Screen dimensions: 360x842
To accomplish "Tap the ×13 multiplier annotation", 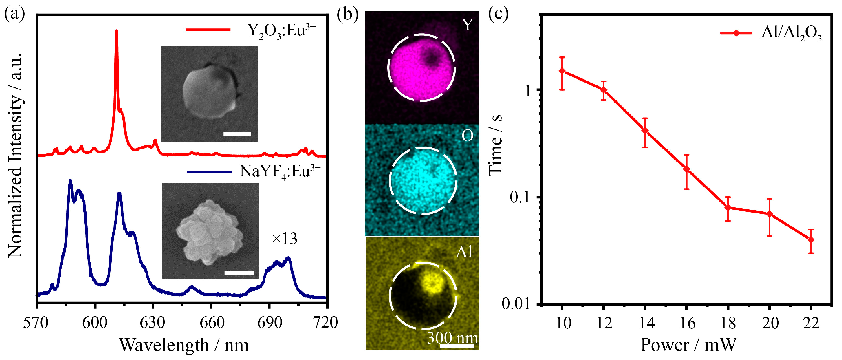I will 284,239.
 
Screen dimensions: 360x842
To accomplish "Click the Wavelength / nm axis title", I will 183,345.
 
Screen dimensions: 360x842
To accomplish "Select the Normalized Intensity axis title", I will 15,155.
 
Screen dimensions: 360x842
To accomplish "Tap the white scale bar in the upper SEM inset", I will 237,134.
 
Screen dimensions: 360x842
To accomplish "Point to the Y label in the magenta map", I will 468,25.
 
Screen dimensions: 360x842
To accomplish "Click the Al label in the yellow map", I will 464,252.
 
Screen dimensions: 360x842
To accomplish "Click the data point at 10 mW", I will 562,71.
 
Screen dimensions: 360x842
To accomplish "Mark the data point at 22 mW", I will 811,240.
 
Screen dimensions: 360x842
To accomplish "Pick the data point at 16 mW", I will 686,169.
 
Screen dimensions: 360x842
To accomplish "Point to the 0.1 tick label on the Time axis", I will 521,197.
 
